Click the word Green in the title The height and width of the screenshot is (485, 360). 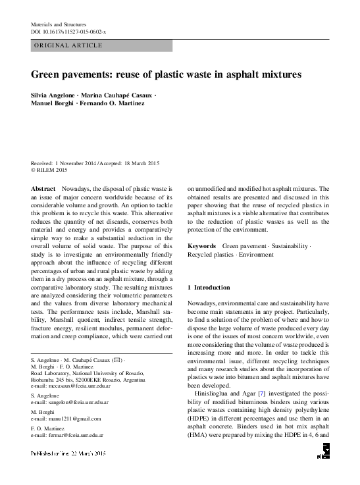point(47,75)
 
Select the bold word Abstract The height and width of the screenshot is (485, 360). point(43,189)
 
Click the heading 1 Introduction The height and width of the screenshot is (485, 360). point(209,288)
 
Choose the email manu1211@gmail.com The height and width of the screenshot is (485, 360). point(68,418)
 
